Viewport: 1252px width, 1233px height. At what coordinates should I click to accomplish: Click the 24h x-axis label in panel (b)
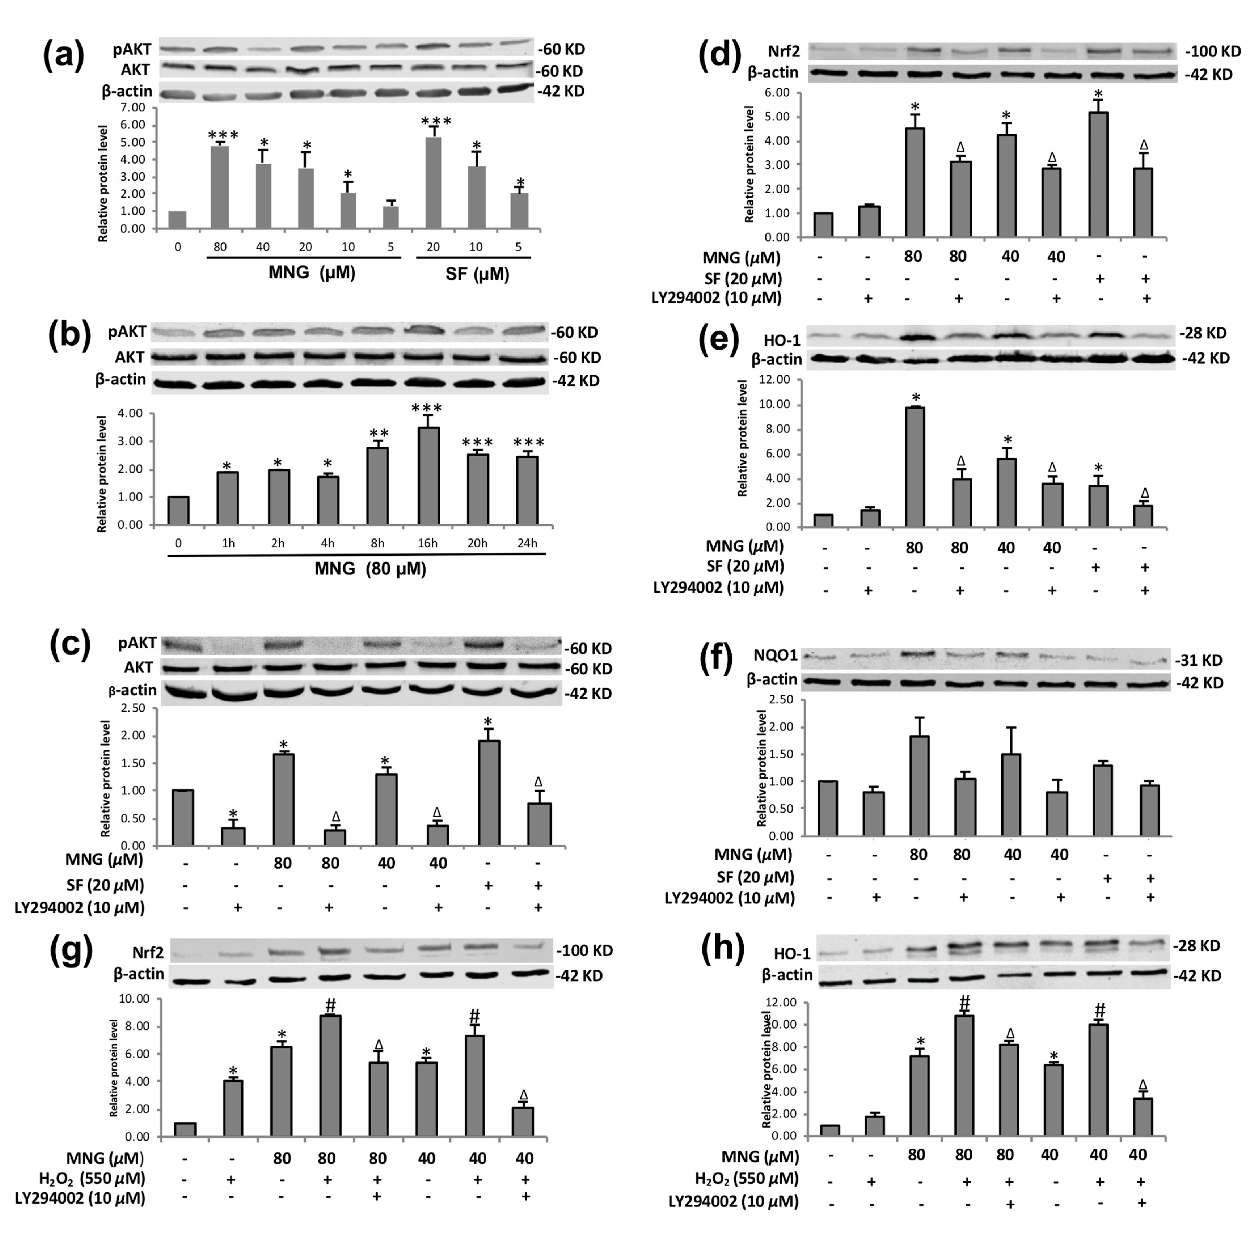pyautogui.click(x=527, y=543)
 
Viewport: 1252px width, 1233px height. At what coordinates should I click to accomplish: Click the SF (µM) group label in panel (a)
pyautogui.click(x=477, y=274)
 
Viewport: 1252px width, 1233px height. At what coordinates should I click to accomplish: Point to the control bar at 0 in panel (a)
pyautogui.click(x=178, y=219)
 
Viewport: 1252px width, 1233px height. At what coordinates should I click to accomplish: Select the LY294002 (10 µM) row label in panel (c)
pyautogui.click(x=79, y=907)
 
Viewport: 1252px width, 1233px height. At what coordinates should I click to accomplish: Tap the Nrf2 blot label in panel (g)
pyautogui.click(x=148, y=952)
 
